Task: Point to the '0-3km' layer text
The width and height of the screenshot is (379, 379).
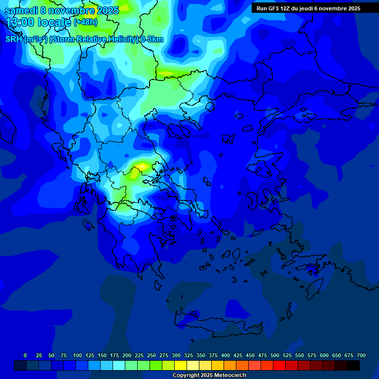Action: pyautogui.click(x=152, y=39)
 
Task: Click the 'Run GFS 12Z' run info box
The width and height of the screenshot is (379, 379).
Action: pyautogui.click(x=308, y=8)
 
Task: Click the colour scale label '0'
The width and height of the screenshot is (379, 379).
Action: pyautogui.click(x=25, y=355)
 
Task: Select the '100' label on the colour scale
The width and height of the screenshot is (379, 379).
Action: pyautogui.click(x=77, y=355)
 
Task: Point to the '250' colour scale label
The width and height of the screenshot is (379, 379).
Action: pyautogui.click(x=152, y=355)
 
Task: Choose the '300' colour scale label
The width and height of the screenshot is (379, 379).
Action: pyautogui.click(x=176, y=355)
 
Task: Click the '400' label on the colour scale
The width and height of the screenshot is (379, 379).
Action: pyautogui.click(x=226, y=355)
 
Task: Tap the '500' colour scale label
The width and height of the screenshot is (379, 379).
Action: pyautogui.click(x=275, y=355)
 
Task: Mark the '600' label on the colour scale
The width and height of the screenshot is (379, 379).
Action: pyautogui.click(x=324, y=355)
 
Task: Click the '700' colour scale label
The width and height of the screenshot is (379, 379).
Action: pyautogui.click(x=361, y=355)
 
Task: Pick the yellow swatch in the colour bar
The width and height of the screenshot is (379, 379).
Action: pyautogui.click(x=181, y=365)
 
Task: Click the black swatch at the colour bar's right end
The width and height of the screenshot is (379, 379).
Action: pyautogui.click(x=353, y=365)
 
